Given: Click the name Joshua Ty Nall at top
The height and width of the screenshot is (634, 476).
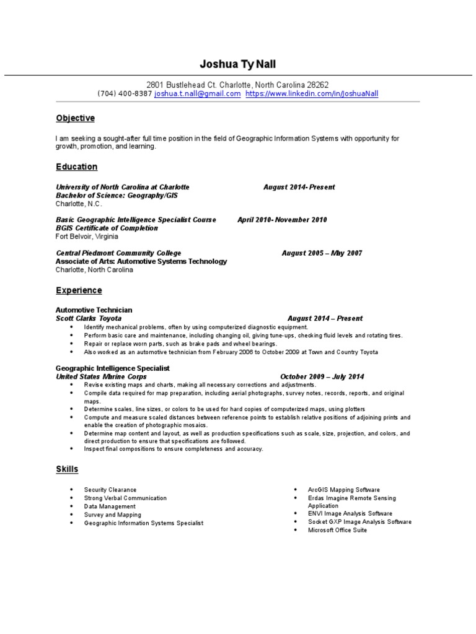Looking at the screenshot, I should click(x=238, y=64).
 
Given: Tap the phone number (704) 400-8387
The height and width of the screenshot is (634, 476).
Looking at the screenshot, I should click(x=125, y=93).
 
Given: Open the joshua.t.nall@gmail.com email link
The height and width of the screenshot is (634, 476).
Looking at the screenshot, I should click(x=197, y=93).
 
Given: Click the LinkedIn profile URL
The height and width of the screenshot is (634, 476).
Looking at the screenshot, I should click(x=312, y=93).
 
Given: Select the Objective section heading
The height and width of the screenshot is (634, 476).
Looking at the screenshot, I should click(x=75, y=118).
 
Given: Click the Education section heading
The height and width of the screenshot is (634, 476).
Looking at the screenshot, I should click(x=77, y=167).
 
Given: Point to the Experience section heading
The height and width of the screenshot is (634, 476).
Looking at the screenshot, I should click(x=79, y=290).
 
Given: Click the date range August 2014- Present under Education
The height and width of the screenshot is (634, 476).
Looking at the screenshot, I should click(x=299, y=187).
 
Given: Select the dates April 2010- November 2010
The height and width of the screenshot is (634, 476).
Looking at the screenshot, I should click(x=282, y=220).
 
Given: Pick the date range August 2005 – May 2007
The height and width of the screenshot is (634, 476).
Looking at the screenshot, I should click(x=322, y=253).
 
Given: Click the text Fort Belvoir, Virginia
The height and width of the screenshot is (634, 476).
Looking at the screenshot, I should click(x=87, y=237).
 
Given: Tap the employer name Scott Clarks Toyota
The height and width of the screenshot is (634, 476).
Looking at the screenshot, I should click(x=89, y=318).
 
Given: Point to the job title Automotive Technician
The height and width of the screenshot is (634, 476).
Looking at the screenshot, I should click(x=94, y=310).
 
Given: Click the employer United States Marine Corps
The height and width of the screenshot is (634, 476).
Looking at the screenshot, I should click(x=102, y=376).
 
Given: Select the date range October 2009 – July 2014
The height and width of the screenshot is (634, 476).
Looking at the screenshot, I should click(x=322, y=376).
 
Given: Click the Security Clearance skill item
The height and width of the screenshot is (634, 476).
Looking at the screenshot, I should click(x=110, y=490).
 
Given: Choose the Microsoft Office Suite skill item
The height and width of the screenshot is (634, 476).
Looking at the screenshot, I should click(x=337, y=530).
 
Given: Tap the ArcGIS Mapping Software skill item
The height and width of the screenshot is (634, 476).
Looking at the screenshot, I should click(x=344, y=490).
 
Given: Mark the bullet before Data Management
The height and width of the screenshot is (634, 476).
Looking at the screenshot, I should click(x=72, y=506).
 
